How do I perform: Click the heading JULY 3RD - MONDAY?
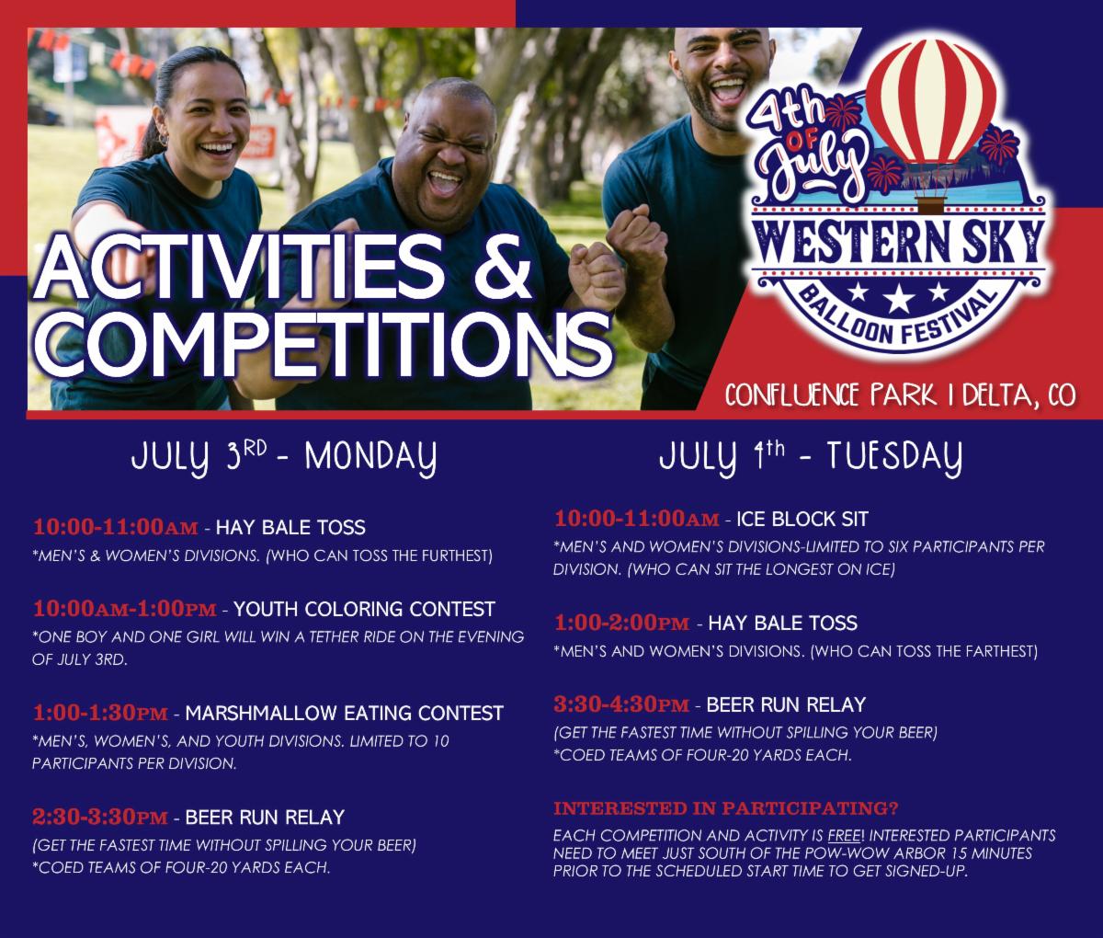click(282, 457)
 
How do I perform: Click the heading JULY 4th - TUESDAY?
click(812, 457)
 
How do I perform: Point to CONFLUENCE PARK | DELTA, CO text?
click(901, 395)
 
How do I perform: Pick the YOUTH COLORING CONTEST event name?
click(365, 609)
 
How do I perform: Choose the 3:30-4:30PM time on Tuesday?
click(621, 705)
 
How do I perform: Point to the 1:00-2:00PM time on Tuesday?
click(621, 623)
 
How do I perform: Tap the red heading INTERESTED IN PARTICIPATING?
click(726, 809)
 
